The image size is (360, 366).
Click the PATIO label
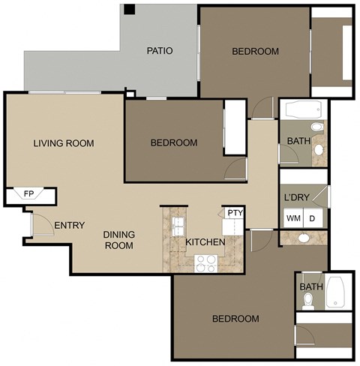pyautogui.click(x=160, y=51)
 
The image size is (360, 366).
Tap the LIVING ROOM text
pyautogui.click(x=63, y=143)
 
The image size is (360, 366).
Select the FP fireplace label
pyautogui.click(x=28, y=194)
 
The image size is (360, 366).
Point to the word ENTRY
pyautogui.click(x=69, y=225)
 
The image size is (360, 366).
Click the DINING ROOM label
pyautogui.click(x=118, y=240)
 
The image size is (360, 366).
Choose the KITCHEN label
pyautogui.click(x=205, y=242)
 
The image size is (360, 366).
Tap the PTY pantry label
pyautogui.click(x=235, y=213)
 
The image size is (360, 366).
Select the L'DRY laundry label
pyautogui.click(x=298, y=198)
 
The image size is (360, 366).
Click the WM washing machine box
pyautogui.click(x=292, y=217)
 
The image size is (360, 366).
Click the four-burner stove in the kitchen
pyautogui.click(x=205, y=262)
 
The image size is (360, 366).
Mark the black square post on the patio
pyautogui.click(x=129, y=10)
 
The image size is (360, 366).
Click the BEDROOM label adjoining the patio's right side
pyautogui.click(x=255, y=51)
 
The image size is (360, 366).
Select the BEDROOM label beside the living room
pyautogui.click(x=174, y=142)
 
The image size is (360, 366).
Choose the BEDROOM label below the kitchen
pyautogui.click(x=235, y=319)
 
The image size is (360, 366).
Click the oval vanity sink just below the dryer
pyautogui.click(x=303, y=238)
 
